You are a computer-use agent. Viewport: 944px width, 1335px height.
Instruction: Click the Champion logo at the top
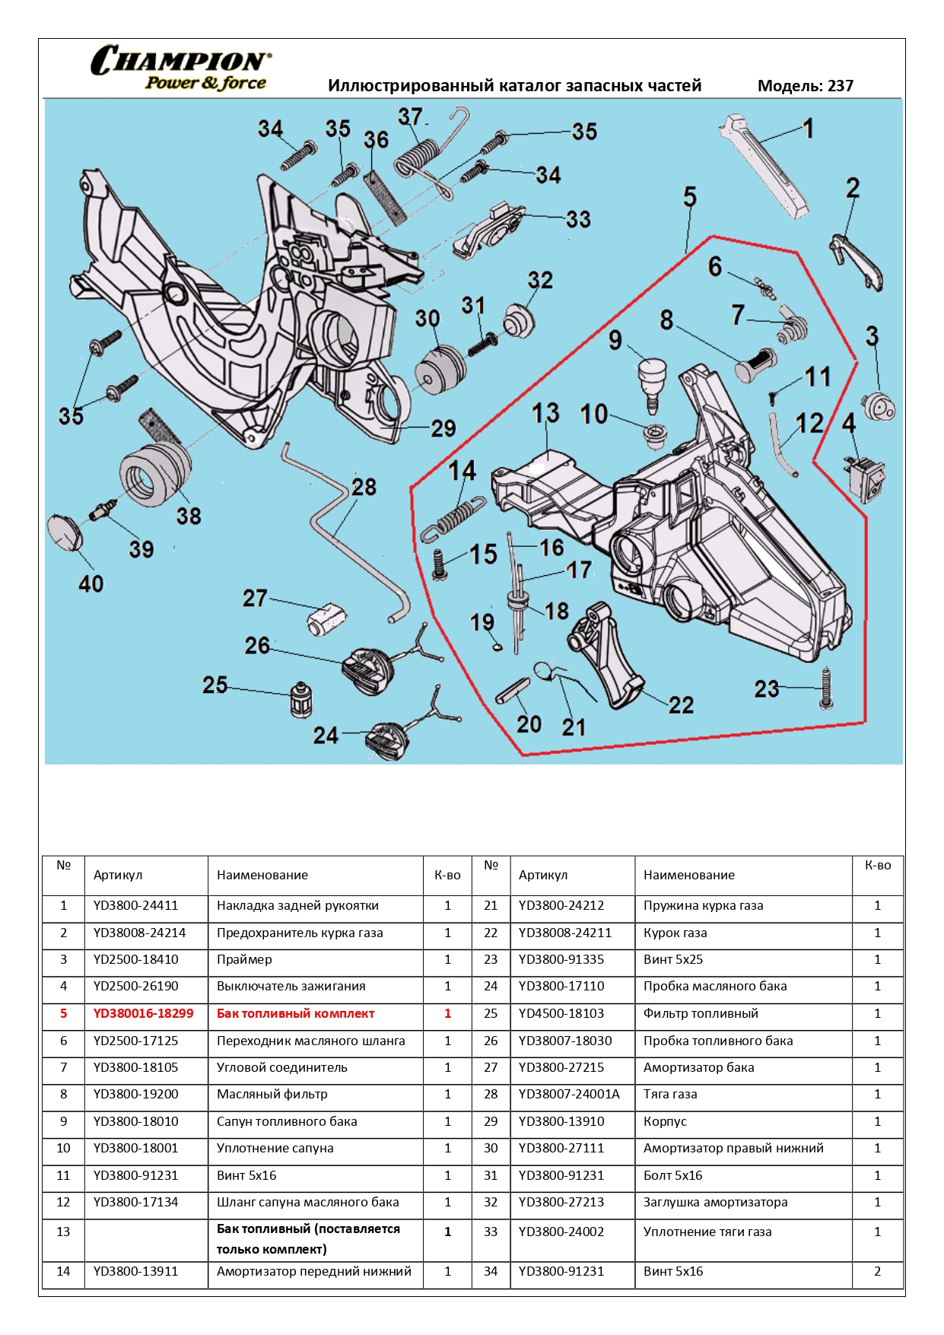(x=180, y=68)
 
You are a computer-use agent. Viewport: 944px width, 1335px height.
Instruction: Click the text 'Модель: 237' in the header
(x=805, y=86)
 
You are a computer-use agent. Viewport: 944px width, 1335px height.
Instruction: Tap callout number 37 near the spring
(x=410, y=116)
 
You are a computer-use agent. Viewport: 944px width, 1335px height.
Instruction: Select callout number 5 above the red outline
(x=689, y=197)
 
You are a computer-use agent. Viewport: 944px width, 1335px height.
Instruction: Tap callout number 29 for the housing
(x=443, y=428)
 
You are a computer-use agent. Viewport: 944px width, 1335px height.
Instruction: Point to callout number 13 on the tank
(x=545, y=413)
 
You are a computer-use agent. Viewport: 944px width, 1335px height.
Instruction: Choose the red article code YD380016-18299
(x=143, y=1013)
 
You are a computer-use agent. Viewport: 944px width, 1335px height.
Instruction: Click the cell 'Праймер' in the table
(x=244, y=959)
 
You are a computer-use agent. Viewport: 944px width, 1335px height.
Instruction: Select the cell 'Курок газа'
(x=675, y=933)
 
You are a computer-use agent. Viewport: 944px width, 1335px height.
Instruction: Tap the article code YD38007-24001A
(x=569, y=1094)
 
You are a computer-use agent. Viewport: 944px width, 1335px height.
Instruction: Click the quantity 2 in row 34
(x=877, y=1271)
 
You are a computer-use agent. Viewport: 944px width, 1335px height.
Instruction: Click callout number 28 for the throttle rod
(x=364, y=487)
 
